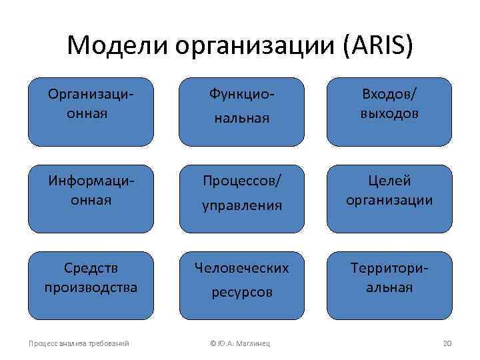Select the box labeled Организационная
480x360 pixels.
pyautogui.click(x=91, y=111)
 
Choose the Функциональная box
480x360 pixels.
pyautogui.click(x=241, y=111)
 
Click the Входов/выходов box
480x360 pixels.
pyautogui.click(x=389, y=111)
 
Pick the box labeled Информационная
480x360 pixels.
pyautogui.click(x=91, y=199)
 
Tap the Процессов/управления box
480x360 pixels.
pyautogui.click(x=241, y=199)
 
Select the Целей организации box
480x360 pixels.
pyautogui.click(x=389, y=199)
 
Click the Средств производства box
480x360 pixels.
pyautogui.click(x=91, y=286)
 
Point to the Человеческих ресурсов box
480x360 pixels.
pyautogui.click(x=241, y=286)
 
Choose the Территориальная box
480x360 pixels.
pyautogui.click(x=389, y=286)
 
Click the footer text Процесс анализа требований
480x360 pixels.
pyautogui.click(x=79, y=343)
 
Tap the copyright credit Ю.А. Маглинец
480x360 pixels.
pyautogui.click(x=241, y=343)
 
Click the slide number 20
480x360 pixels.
pyautogui.click(x=447, y=343)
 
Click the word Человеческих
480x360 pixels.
pyautogui.click(x=241, y=268)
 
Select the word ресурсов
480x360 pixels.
pyautogui.click(x=241, y=292)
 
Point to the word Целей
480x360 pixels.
pyautogui.click(x=389, y=181)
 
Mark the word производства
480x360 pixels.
pyautogui.click(x=91, y=287)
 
